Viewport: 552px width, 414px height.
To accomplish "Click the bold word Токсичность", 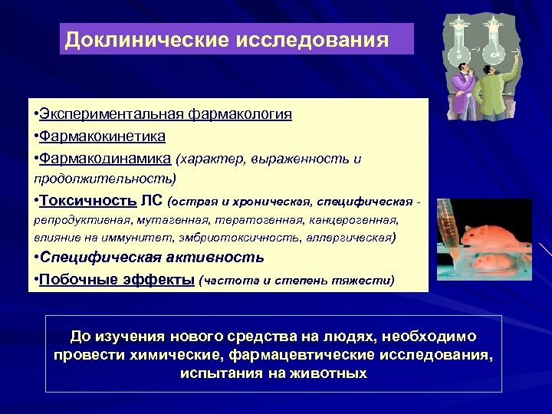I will (87, 201).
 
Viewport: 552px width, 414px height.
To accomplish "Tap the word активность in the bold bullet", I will (219, 258).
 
